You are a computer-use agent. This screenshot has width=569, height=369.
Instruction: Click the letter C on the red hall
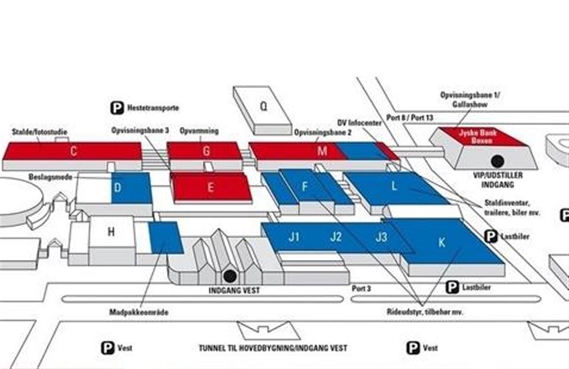pyautogui.click(x=73, y=151)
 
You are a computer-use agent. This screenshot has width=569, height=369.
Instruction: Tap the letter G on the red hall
pyautogui.click(x=206, y=151)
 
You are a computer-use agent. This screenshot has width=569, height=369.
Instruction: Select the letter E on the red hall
pyautogui.click(x=211, y=187)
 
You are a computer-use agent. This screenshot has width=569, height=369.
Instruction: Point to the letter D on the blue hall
pyautogui.click(x=118, y=188)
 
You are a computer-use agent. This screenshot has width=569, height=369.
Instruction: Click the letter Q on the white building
pyautogui.click(x=264, y=107)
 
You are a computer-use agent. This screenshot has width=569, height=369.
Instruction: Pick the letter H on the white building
pyautogui.click(x=111, y=232)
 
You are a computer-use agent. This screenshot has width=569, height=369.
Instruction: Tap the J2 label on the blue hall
pyautogui.click(x=336, y=237)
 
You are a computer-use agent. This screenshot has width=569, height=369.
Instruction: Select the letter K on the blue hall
pyautogui.click(x=442, y=243)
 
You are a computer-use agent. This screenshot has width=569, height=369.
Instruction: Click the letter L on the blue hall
pyautogui.click(x=394, y=186)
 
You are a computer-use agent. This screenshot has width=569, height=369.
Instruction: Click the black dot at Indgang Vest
pyautogui.click(x=230, y=276)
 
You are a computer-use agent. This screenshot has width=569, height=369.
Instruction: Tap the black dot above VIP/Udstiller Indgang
pyautogui.click(x=497, y=161)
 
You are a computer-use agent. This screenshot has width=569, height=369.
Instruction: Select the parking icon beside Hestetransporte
pyautogui.click(x=117, y=108)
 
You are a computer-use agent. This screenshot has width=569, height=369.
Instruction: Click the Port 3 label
pyautogui.click(x=361, y=288)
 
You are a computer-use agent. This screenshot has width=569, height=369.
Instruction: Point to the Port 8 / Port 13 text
pyautogui.click(x=410, y=118)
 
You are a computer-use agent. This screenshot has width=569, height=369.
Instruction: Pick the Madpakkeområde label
pyautogui.click(x=138, y=312)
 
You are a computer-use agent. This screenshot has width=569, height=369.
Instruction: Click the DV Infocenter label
pyautogui.click(x=359, y=123)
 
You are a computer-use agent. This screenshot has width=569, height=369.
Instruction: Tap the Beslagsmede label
pyautogui.click(x=50, y=177)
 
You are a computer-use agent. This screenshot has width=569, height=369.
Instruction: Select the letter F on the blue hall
pyautogui.click(x=304, y=187)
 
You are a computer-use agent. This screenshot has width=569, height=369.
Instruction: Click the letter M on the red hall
pyautogui.click(x=322, y=151)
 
